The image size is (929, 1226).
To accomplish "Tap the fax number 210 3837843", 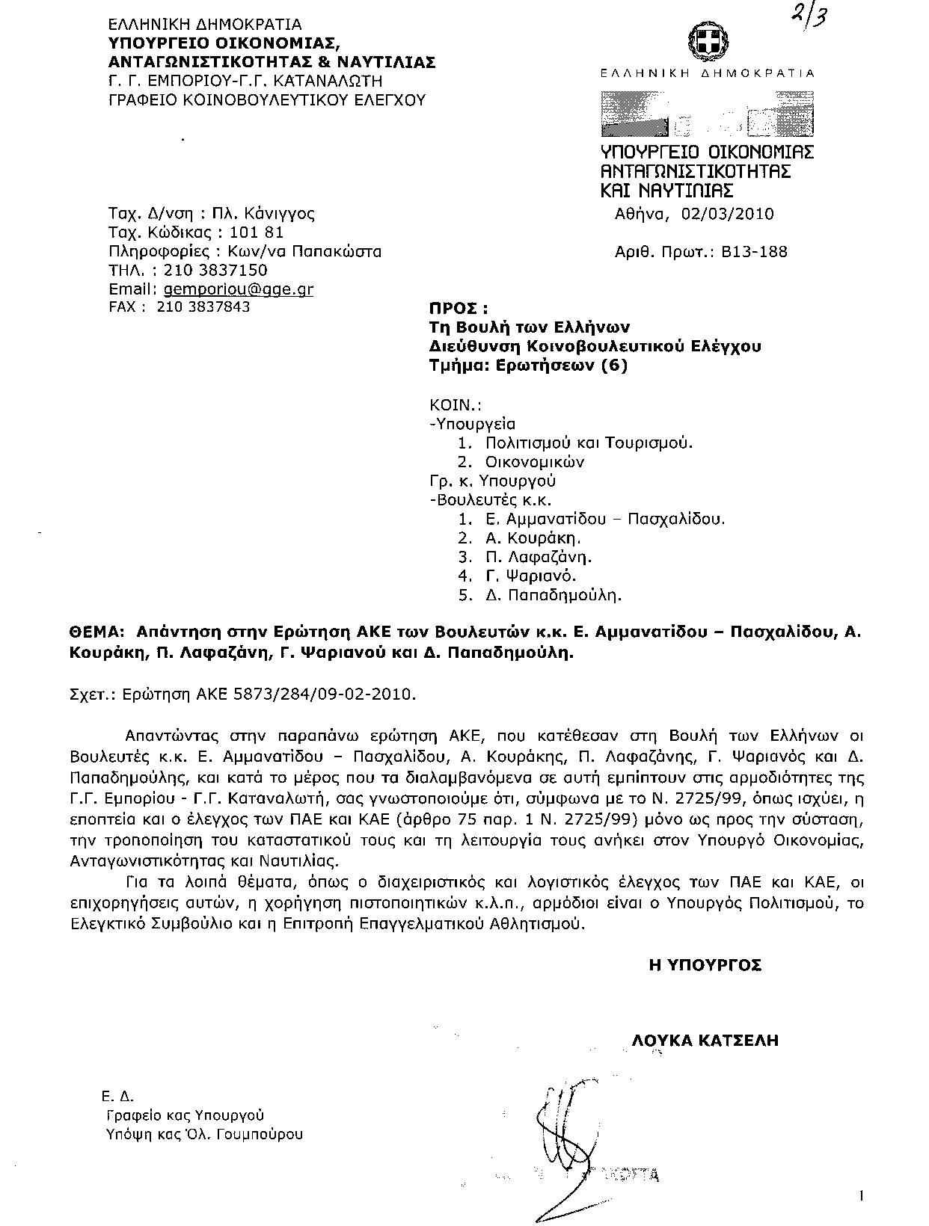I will pos(203,306).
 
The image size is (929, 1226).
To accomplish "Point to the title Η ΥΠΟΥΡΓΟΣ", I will pos(705,965).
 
